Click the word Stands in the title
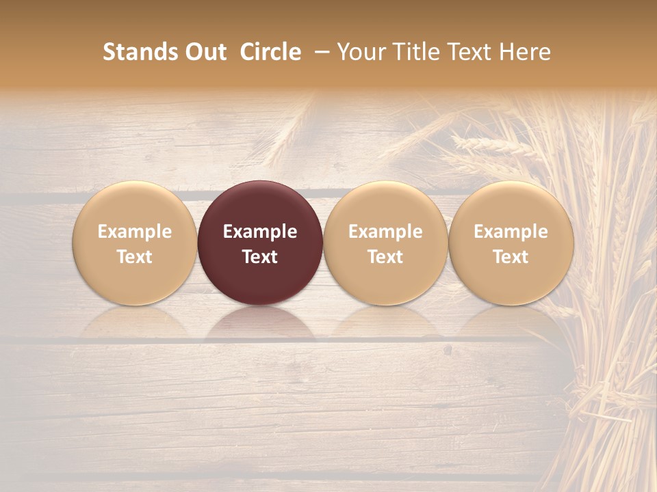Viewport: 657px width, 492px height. click(140, 52)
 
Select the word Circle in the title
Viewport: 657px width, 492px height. click(270, 52)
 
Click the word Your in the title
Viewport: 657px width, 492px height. click(361, 52)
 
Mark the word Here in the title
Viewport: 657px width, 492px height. click(525, 52)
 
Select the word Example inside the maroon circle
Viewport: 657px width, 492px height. click(260, 232)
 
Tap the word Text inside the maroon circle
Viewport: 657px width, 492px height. click(260, 257)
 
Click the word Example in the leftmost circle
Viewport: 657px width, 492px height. click(134, 232)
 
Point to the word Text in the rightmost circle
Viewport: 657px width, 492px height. click(511, 257)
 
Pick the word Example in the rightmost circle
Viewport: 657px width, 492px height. click(511, 232)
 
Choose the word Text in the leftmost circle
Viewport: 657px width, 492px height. click(134, 257)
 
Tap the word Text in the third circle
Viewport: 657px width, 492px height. click(385, 257)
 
